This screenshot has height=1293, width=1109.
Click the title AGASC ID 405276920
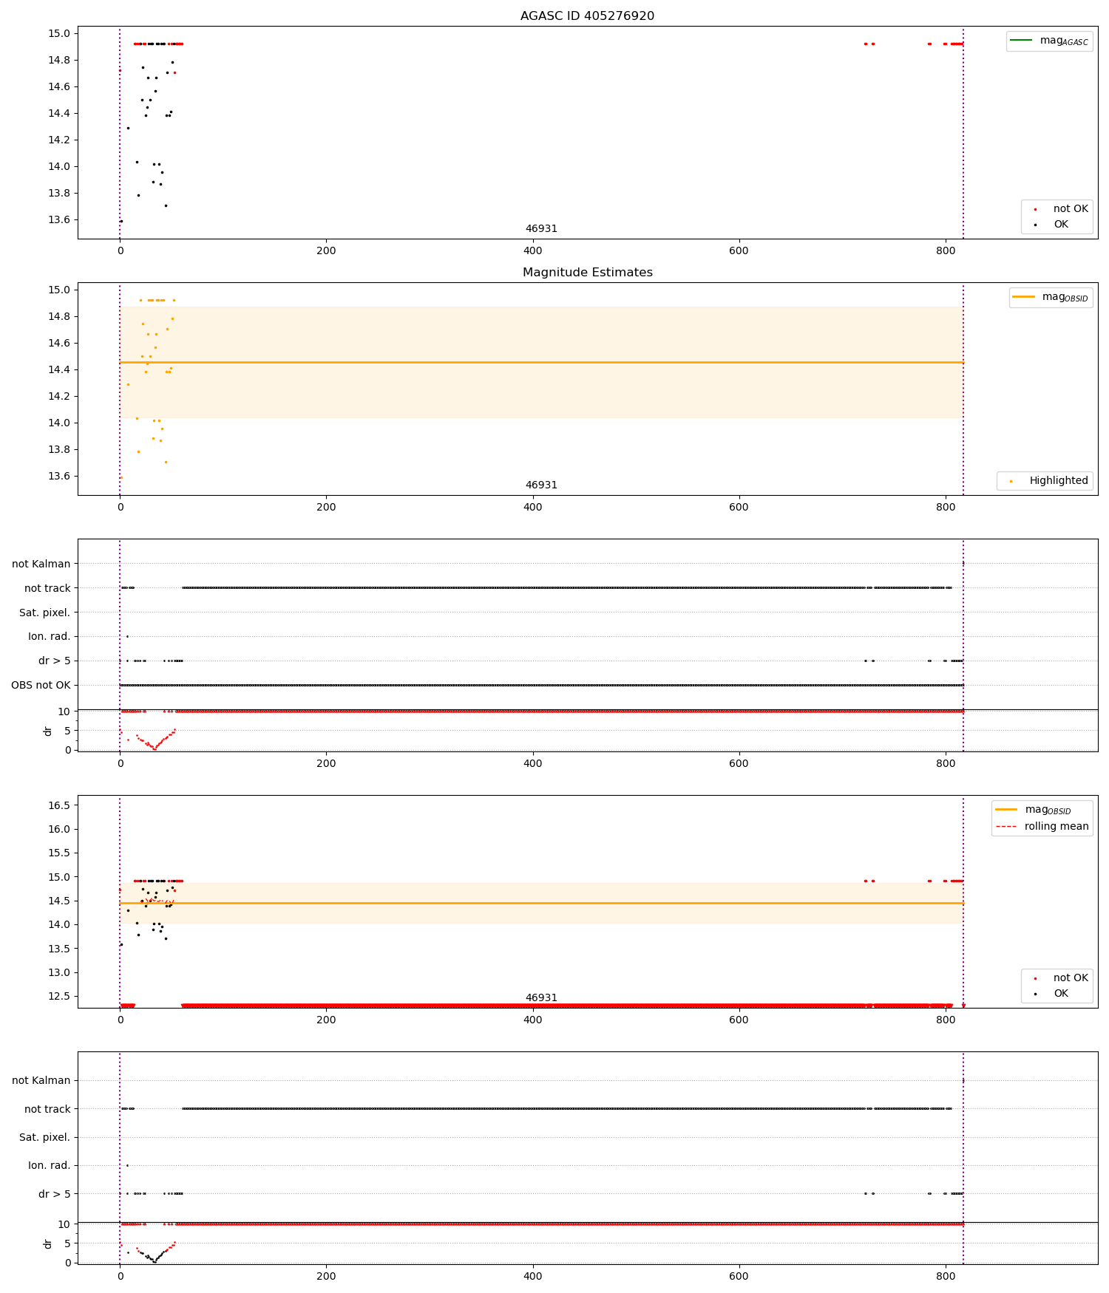click(x=587, y=16)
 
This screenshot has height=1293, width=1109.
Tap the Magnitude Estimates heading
click(x=587, y=272)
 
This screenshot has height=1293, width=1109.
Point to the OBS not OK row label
click(x=41, y=685)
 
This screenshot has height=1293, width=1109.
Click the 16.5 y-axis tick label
click(x=59, y=805)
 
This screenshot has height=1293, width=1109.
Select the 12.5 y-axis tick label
click(x=59, y=996)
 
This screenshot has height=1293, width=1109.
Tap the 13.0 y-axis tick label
click(x=59, y=972)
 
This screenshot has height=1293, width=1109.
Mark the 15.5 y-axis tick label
click(x=59, y=853)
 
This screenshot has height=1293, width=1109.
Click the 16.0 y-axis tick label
click(x=59, y=829)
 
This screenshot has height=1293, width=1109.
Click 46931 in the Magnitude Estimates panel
click(x=541, y=485)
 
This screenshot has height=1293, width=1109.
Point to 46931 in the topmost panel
click(x=541, y=228)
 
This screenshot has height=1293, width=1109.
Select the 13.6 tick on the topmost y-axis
click(x=59, y=219)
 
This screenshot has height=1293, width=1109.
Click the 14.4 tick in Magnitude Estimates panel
click(x=59, y=369)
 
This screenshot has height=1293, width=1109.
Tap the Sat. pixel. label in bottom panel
click(x=44, y=1137)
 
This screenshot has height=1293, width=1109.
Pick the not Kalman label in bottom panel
click(x=41, y=1080)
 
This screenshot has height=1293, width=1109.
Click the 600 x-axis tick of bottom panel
click(x=739, y=1276)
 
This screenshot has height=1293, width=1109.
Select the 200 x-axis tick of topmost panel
click(x=326, y=250)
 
